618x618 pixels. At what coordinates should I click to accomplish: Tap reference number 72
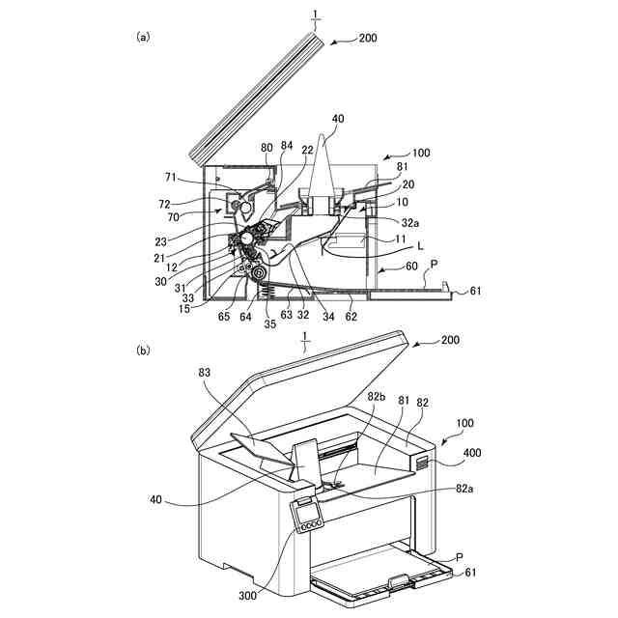point(164,204)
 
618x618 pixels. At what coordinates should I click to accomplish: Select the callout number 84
point(288,146)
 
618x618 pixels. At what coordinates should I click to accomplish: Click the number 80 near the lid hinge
point(267,148)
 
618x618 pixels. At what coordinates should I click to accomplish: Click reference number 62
point(353,314)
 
